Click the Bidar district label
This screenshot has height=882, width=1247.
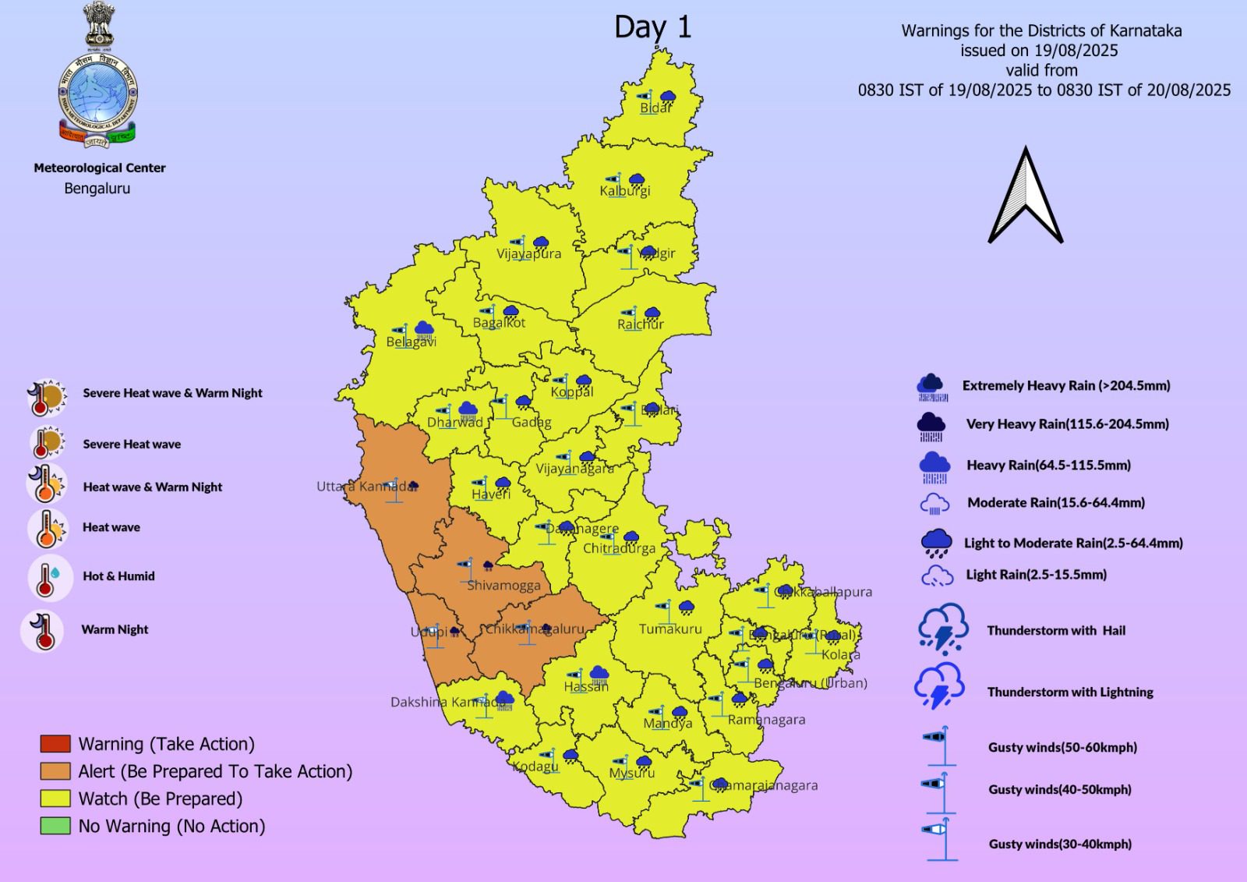coord(655,108)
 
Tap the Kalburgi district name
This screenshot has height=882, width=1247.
coord(624,190)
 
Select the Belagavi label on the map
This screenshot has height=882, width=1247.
coord(411,342)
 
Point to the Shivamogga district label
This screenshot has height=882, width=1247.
coord(503,585)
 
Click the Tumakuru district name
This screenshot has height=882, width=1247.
coord(669,629)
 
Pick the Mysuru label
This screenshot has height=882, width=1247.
coord(631,773)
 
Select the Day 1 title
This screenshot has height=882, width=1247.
coord(652,27)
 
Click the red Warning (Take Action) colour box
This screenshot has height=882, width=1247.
coord(55,744)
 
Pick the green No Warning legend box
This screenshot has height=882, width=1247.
coord(55,826)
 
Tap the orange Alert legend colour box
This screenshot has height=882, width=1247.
coord(55,771)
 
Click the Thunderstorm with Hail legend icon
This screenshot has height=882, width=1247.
coord(942,629)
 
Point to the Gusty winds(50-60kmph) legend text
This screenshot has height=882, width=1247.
coord(1062,747)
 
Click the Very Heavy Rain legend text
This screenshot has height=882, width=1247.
coord(1067,424)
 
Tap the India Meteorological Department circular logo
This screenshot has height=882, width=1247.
coord(97,97)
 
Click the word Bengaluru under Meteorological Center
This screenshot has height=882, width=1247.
coord(97,189)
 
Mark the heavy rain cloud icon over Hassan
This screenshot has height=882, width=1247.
coord(599,674)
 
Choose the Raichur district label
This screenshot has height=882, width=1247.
coord(640,324)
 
